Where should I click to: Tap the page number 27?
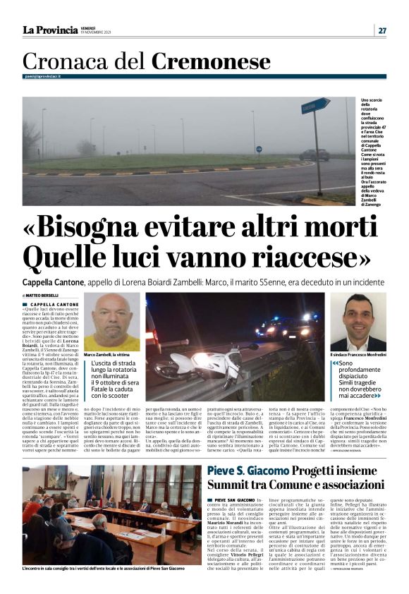tap(381, 30)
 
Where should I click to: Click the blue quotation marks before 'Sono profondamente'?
tap(335, 364)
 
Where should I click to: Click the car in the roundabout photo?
tap(313, 154)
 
